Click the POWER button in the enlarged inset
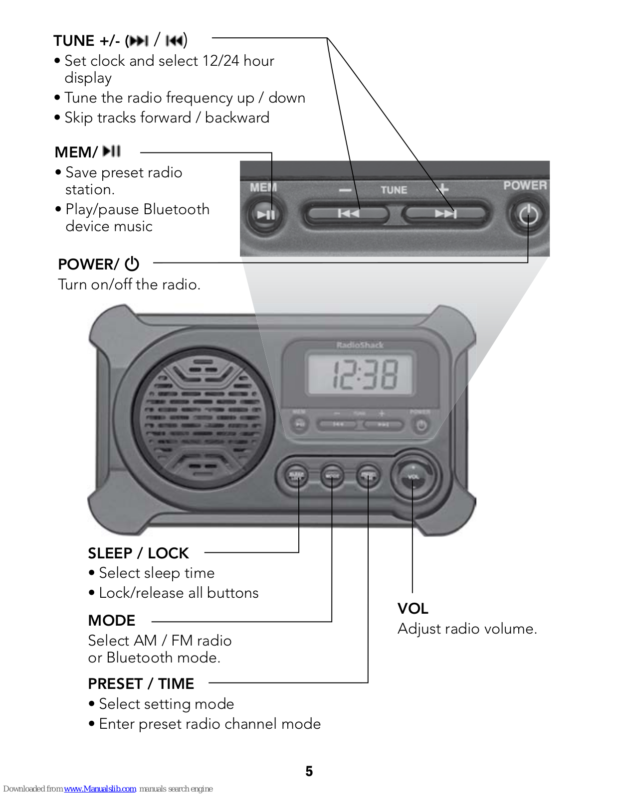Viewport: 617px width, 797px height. coord(528,215)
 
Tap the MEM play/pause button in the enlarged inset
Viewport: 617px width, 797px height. coord(266,215)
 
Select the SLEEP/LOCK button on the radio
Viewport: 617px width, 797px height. coord(296,476)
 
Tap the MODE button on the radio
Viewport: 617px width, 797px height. coord(332,476)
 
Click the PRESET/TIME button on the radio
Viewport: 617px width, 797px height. coord(368,476)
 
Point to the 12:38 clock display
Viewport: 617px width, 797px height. coord(360,374)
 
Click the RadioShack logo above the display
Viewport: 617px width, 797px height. coord(360,345)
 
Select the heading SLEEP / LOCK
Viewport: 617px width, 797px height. coord(138,553)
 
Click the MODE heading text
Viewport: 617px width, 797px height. coord(112,621)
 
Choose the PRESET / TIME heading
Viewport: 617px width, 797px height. coord(141,684)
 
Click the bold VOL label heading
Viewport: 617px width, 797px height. coord(413,609)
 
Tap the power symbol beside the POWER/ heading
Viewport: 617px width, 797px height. coord(132,264)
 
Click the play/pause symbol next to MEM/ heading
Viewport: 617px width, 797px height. coord(112,151)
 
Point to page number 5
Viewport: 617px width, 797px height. coord(309,771)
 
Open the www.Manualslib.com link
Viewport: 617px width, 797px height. coord(100,789)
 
